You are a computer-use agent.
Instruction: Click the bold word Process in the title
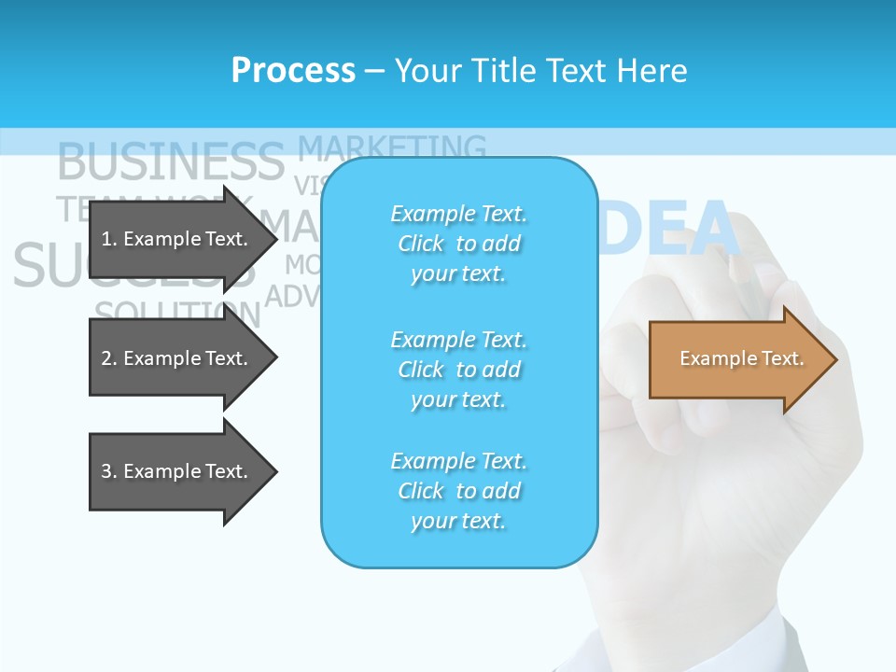(293, 71)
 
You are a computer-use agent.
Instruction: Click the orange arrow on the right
(737, 358)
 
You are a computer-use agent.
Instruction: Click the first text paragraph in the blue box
(458, 244)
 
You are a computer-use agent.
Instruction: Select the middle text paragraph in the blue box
(458, 370)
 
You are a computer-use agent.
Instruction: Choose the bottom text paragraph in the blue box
(458, 491)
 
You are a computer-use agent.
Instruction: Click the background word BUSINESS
(170, 161)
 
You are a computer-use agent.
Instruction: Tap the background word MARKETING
(392, 147)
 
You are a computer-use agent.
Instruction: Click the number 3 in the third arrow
(105, 471)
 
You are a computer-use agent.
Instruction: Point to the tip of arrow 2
(275, 358)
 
